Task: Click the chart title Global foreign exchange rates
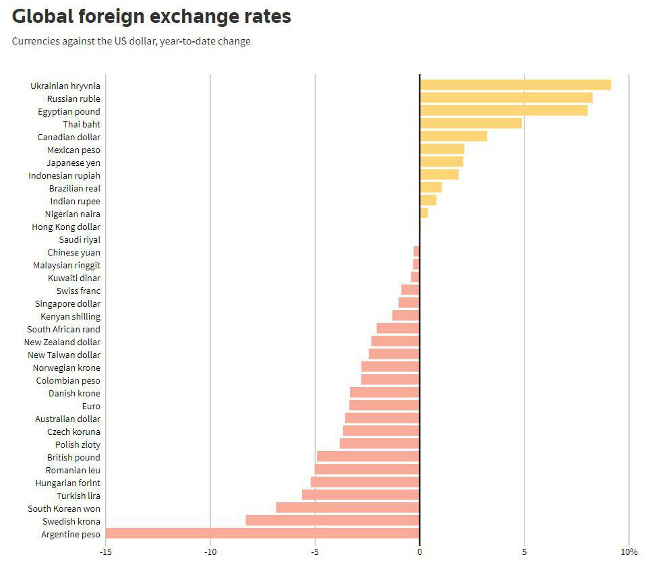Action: pyautogui.click(x=152, y=16)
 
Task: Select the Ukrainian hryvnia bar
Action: pyautogui.click(x=515, y=85)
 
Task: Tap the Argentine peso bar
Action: pyautogui.click(x=263, y=533)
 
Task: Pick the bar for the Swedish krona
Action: pyautogui.click(x=332, y=521)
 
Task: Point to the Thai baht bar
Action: pyautogui.click(x=471, y=123)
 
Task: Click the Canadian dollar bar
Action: pyautogui.click(x=453, y=136)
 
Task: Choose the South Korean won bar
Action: pyautogui.click(x=348, y=508)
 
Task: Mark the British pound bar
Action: pyautogui.click(x=368, y=456)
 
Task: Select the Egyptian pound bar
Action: pyautogui.click(x=504, y=111)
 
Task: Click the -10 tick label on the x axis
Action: pyautogui.click(x=210, y=552)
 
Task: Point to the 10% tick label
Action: pyautogui.click(x=628, y=552)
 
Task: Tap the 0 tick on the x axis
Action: pyautogui.click(x=419, y=552)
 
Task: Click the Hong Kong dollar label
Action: pyautogui.click(x=66, y=227)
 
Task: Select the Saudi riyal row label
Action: pyautogui.click(x=80, y=239)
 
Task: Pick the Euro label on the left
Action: pyautogui.click(x=91, y=406)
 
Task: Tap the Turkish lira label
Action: pyautogui.click(x=78, y=496)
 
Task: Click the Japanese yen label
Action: pyautogui.click(x=73, y=162)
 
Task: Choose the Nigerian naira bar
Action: pyautogui.click(x=424, y=213)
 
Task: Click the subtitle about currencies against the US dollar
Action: pyautogui.click(x=131, y=41)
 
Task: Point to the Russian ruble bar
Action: pyautogui.click(x=506, y=98)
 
